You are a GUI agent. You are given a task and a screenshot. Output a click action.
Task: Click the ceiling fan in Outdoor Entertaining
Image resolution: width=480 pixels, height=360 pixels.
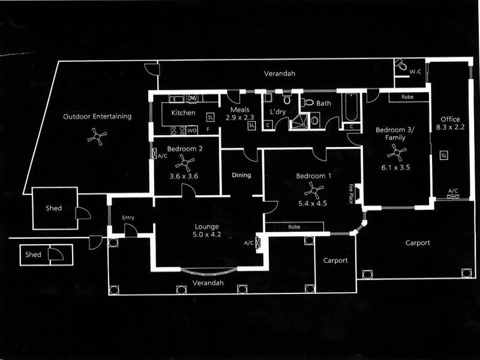97,137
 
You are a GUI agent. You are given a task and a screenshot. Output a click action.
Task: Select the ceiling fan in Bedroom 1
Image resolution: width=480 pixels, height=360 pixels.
313,191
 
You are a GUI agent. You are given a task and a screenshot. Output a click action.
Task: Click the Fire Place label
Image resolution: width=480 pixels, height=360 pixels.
351,193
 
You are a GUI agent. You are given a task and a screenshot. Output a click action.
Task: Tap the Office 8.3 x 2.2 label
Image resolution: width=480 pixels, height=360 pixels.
450,123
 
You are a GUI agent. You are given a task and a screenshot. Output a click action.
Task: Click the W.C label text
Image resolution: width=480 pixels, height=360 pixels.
415,72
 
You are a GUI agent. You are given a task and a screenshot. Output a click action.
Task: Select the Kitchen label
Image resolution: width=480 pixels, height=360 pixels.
183,113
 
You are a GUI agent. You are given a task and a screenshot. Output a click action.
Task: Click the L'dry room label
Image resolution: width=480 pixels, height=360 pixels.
278,112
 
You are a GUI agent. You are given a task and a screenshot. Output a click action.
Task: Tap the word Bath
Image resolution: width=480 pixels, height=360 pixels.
323,104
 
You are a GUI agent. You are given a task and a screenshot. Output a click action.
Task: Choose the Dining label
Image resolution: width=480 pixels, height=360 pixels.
241,176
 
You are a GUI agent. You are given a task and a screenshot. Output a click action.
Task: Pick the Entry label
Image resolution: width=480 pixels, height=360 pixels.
128,217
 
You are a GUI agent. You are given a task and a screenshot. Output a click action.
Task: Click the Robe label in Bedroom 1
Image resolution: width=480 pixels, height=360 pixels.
294,227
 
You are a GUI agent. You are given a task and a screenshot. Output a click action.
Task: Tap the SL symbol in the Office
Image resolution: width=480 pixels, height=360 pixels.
444,155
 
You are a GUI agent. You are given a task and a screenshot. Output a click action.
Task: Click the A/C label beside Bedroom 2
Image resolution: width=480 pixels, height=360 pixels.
161,157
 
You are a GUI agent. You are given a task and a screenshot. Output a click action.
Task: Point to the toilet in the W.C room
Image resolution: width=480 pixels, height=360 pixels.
401,65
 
